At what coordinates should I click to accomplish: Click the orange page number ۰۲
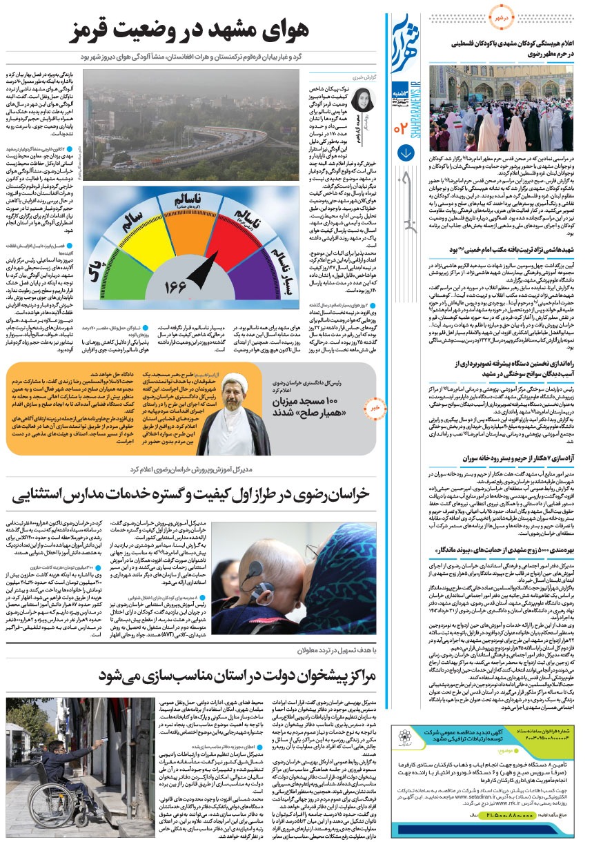click(x=401, y=127)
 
